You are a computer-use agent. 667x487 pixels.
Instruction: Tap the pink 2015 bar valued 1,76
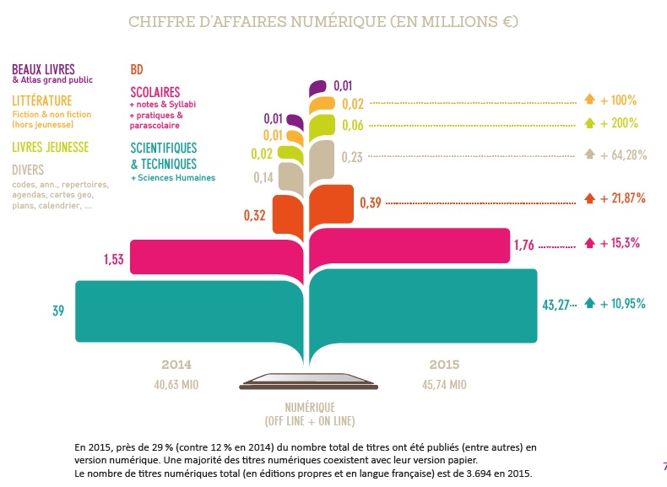(x=414, y=246)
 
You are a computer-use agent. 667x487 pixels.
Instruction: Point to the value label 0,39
(x=371, y=203)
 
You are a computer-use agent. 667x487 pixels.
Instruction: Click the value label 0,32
(x=255, y=215)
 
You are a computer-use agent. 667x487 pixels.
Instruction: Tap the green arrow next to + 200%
(x=590, y=123)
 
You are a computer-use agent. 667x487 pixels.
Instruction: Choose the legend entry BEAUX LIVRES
(x=43, y=68)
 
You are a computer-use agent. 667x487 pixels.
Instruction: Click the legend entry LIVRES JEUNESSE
(x=50, y=147)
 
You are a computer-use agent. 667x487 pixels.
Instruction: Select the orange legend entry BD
(x=136, y=68)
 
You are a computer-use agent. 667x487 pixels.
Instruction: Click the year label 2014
(x=176, y=365)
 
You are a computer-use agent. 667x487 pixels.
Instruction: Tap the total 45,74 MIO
(x=444, y=384)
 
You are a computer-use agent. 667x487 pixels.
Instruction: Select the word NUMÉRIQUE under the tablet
(x=310, y=406)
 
